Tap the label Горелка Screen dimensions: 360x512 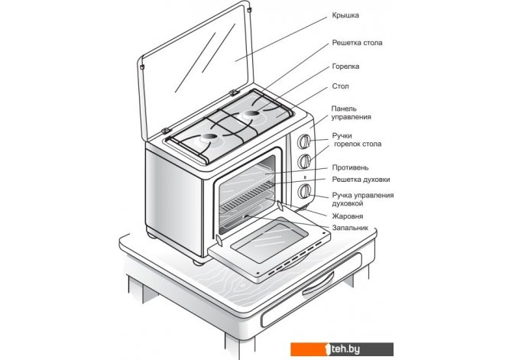tap(345, 66)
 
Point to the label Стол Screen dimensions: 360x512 tap(341, 87)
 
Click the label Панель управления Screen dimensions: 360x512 tap(352, 112)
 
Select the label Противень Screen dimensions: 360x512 tap(351, 167)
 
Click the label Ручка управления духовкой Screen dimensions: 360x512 tap(363, 200)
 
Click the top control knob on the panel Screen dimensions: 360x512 tap(304, 142)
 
